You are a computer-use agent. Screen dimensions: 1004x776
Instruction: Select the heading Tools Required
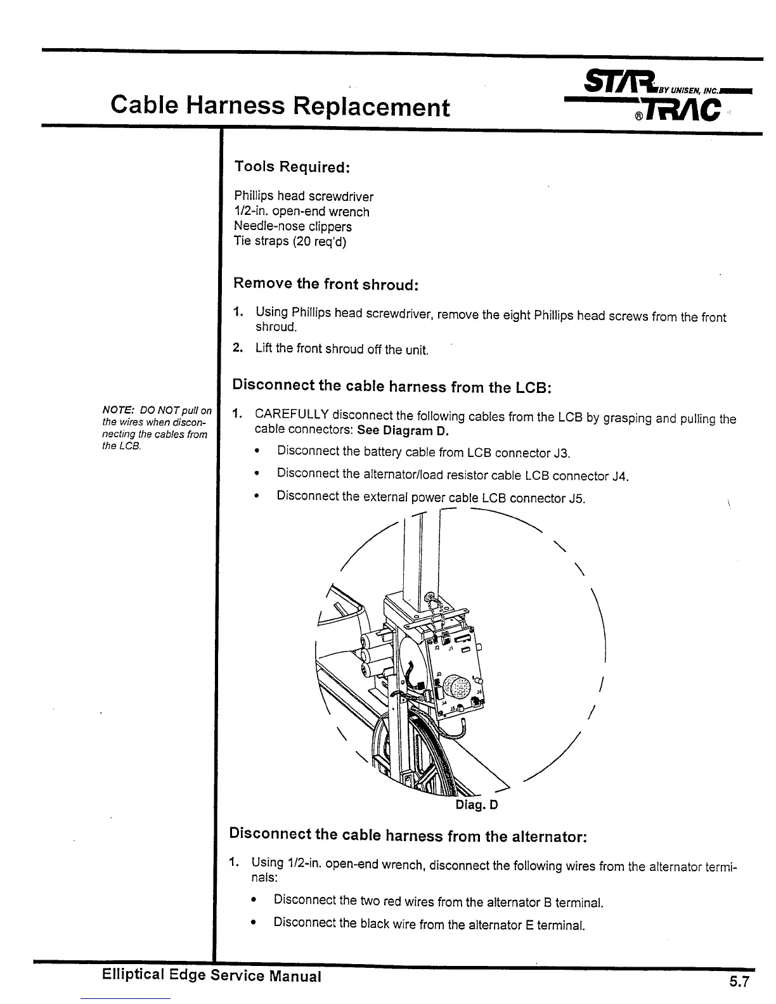point(292,167)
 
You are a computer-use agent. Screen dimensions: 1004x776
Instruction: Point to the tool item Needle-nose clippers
point(292,226)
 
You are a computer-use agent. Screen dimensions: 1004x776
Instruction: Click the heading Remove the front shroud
point(325,283)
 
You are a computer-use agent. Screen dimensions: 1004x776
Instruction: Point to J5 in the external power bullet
point(576,498)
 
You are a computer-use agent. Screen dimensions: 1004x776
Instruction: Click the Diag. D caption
point(477,805)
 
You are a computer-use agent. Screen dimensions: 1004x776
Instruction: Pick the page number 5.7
point(739,982)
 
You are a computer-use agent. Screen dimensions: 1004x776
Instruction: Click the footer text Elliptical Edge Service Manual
point(211,976)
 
